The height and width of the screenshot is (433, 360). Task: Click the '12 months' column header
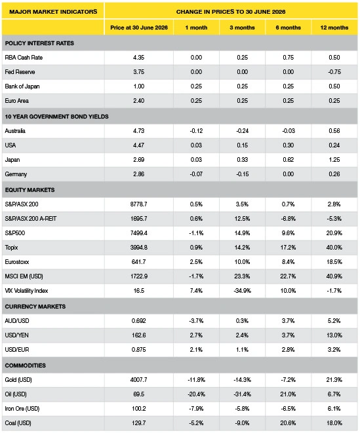[334, 28]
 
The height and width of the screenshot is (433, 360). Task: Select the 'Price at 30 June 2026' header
[139, 28]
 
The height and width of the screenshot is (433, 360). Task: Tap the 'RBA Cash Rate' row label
[24, 58]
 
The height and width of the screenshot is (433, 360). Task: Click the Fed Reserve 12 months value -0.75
[334, 72]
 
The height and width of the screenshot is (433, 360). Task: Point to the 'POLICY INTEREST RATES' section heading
[39, 43]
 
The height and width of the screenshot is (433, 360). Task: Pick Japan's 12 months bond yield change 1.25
[334, 160]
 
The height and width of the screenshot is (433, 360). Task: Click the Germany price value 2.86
[138, 174]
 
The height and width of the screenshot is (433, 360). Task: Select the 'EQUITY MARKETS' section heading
[30, 190]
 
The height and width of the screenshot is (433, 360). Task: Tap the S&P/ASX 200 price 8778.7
[138, 204]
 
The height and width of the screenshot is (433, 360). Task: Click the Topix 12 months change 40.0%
[334, 248]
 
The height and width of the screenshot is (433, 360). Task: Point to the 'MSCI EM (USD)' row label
[24, 276]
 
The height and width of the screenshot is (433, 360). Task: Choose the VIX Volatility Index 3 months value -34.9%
[242, 290]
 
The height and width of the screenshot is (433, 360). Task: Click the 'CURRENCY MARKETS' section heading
[35, 307]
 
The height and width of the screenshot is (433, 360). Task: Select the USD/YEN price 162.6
[138, 335]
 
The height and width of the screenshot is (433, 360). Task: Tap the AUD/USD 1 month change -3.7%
[196, 321]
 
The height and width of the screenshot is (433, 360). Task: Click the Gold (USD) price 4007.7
[138, 380]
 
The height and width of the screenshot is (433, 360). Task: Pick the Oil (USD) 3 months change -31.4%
[242, 394]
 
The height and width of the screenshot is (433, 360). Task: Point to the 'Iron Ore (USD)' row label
[22, 409]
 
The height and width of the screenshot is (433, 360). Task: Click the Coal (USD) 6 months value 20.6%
[288, 423]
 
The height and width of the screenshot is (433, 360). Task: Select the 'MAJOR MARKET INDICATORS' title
[53, 12]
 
